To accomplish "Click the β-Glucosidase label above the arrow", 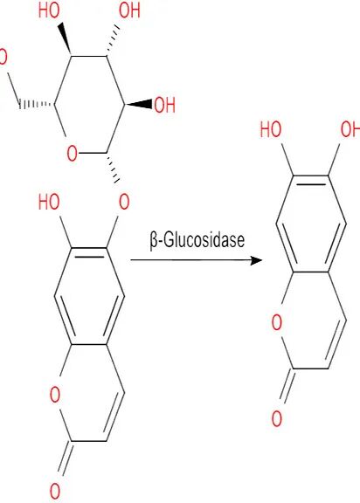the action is coord(197,240).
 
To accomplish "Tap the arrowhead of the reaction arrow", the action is coord(257,260).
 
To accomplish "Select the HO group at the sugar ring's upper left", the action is coord(49,10).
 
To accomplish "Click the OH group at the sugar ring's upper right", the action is coord(129,10).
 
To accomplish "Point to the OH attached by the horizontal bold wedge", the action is coord(165,105).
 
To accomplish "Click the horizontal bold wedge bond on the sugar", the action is coord(138,104).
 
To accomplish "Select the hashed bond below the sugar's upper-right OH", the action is coord(112,40).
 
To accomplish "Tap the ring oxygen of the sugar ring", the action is coord(73,153).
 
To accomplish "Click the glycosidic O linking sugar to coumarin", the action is coord(124,202).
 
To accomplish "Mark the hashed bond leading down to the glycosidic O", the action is coord(113,168).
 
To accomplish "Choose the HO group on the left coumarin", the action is coord(49,202).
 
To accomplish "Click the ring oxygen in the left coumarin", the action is coord(55,394).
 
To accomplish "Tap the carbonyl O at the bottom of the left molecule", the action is coord(55,491).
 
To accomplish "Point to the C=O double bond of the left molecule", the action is coord(66,458).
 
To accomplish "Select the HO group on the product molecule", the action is coord(271,129).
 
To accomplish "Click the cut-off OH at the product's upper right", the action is coord(350,129).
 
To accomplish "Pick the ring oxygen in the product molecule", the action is coord(277,322).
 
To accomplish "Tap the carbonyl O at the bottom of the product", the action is coord(277,418).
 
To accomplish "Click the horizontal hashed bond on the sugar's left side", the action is coord(37,104).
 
